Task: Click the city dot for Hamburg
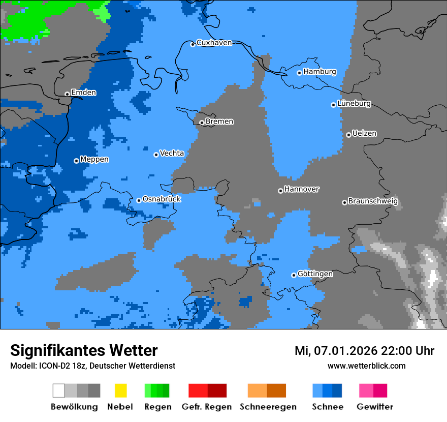point(300,73)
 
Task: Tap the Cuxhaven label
point(214,43)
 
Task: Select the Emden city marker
point(67,94)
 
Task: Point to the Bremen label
point(219,122)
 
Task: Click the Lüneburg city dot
point(333,105)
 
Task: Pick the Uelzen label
point(364,133)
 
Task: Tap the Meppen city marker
point(76,161)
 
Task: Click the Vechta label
point(172,153)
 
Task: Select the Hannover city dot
point(280,191)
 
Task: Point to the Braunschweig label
point(373,201)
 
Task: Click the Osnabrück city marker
point(139,200)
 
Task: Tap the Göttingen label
point(315,274)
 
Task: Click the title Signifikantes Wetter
point(84,351)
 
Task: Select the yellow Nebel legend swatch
point(120,390)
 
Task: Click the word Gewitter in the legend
point(375,407)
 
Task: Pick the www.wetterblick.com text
point(366,366)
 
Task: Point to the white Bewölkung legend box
point(59,390)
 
